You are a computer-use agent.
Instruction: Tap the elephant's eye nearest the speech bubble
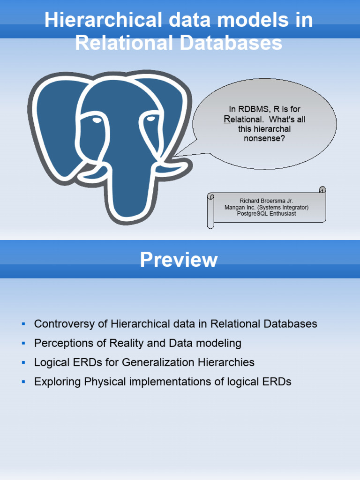(151, 119)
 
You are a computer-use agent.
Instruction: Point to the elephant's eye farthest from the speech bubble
(97, 120)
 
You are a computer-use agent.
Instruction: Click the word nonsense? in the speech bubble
(264, 138)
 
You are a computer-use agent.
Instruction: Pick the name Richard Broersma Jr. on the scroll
(266, 201)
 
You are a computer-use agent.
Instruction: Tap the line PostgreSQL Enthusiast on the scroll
(266, 214)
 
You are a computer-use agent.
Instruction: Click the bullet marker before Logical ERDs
(23, 362)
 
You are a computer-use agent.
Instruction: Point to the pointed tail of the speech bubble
(174, 156)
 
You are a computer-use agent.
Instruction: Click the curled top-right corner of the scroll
(322, 190)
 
